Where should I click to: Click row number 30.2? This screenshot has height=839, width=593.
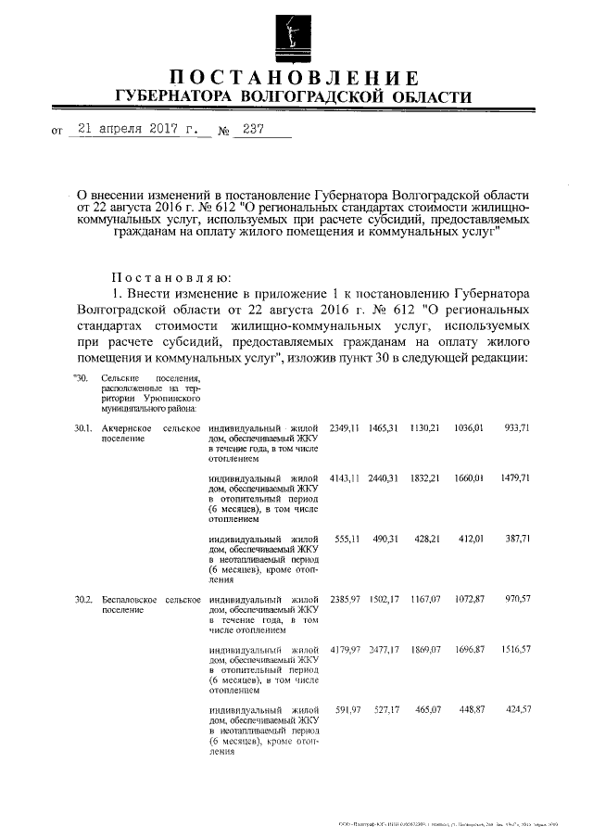click(83, 601)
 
